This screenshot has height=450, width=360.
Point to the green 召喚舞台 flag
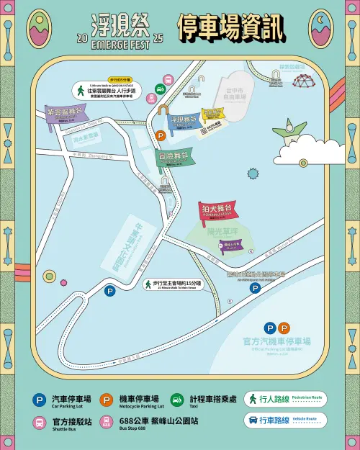point(174,156)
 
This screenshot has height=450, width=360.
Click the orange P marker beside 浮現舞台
point(160,135)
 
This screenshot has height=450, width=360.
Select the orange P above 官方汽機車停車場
point(284,328)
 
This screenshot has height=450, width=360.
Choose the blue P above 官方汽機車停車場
point(270,328)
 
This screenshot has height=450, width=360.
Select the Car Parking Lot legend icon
point(39,400)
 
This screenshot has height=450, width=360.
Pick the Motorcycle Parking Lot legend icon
point(107,400)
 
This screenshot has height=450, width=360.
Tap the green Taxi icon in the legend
point(176,400)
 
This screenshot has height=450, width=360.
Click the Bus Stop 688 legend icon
point(107,423)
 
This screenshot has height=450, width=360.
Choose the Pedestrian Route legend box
point(284,398)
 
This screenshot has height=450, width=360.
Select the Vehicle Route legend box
point(284,420)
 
